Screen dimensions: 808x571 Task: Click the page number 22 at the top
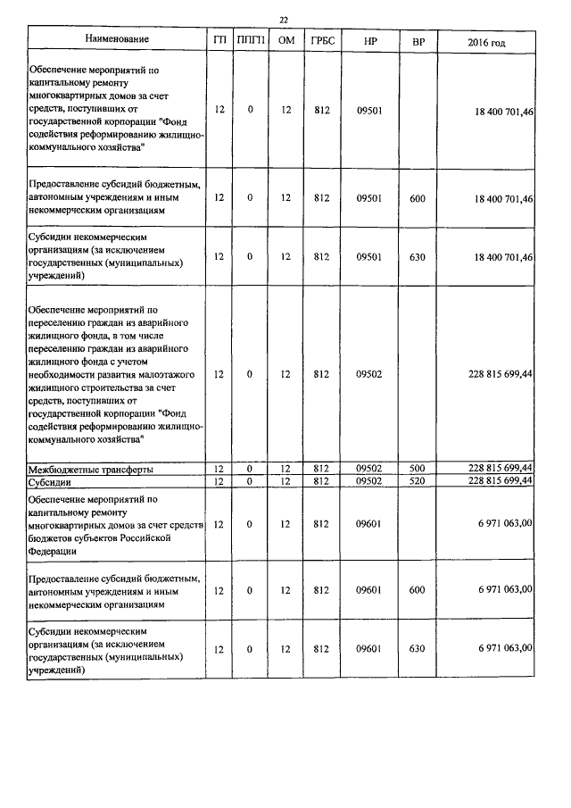[283, 20]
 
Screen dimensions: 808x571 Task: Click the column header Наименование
[117, 39]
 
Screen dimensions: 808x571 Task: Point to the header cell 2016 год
[486, 41]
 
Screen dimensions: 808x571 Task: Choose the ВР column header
[418, 40]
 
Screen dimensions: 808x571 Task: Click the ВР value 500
[418, 469]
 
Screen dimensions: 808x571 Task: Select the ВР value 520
[418, 480]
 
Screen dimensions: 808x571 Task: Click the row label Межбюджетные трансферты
[91, 469]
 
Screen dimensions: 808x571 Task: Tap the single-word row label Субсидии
[53, 481]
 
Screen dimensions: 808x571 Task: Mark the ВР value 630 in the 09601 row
[418, 648]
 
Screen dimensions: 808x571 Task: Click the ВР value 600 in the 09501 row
[418, 198]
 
